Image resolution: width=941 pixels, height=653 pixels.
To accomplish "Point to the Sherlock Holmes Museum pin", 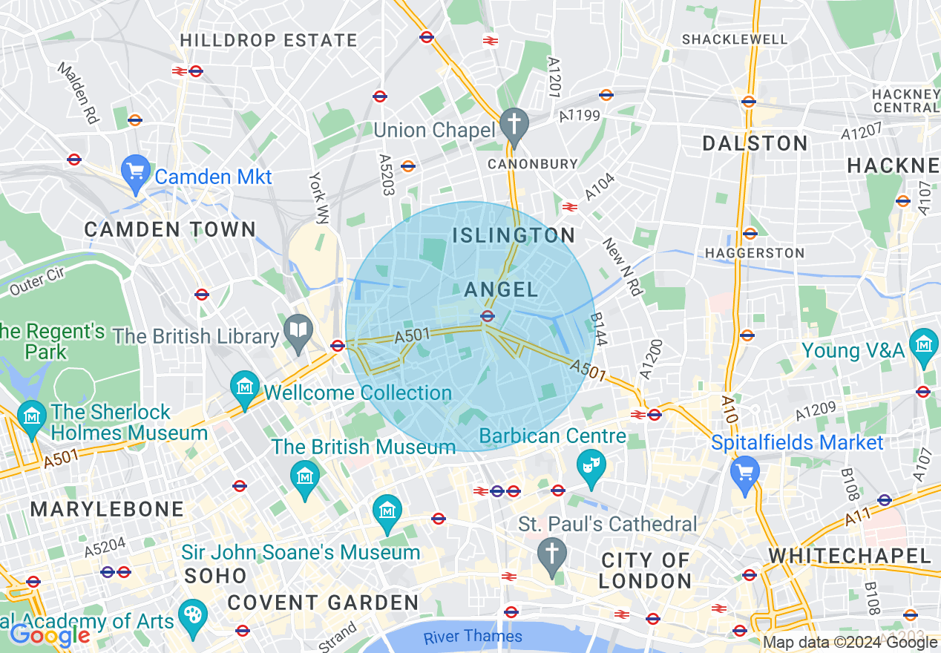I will [x=31, y=416].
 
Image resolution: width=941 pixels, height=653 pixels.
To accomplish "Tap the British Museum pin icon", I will [x=304, y=477].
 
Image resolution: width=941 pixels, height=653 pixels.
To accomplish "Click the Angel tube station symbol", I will [x=488, y=316].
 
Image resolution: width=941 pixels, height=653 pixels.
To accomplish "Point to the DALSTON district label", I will [x=755, y=144].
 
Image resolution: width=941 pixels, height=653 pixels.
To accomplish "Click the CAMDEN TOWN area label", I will [x=170, y=229].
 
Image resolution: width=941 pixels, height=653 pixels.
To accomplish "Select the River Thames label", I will [x=473, y=636].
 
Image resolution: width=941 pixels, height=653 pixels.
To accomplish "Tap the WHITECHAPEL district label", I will [x=850, y=556].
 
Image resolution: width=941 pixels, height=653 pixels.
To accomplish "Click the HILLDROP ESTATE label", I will [x=269, y=40].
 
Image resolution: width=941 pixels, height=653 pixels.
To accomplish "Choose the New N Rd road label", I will [x=622, y=266].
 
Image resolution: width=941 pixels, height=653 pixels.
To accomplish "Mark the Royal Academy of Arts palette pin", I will [x=191, y=617].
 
